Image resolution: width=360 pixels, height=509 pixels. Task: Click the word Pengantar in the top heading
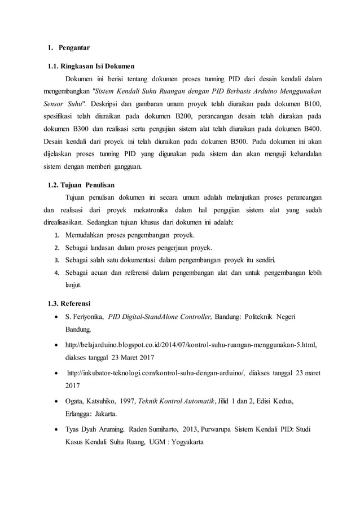point(74,47)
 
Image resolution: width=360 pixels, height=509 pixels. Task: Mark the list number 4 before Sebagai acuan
point(56,273)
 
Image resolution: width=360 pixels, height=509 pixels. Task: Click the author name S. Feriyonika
point(85,317)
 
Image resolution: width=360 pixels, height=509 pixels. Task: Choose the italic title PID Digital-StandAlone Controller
point(160,317)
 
